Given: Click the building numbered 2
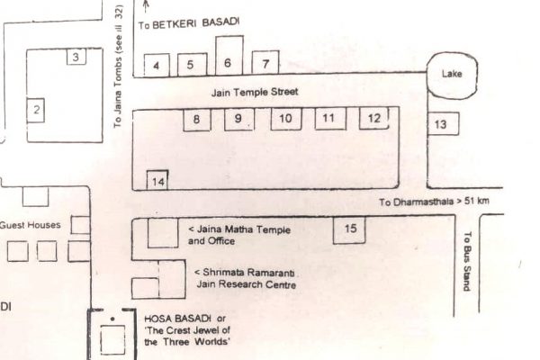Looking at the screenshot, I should tap(37, 111).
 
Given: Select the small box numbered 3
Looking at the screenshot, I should tap(76, 58).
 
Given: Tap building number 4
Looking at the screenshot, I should tap(157, 65).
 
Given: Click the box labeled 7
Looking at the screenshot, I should tap(265, 63).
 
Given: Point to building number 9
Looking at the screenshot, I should tap(238, 119).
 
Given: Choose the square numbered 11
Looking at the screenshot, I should tap(328, 119).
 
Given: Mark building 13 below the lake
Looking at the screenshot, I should tap(440, 124).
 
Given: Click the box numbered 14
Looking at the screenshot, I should tap(158, 181).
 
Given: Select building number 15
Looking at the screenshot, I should tap(350, 229).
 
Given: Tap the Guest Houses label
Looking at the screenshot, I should tap(30, 224).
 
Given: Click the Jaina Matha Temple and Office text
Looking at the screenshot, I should tap(240, 235).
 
